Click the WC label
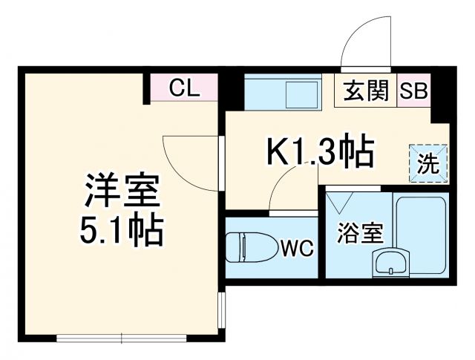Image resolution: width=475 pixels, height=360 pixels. pos(296,247)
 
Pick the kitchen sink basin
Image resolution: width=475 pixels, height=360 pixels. pos(301,95)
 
